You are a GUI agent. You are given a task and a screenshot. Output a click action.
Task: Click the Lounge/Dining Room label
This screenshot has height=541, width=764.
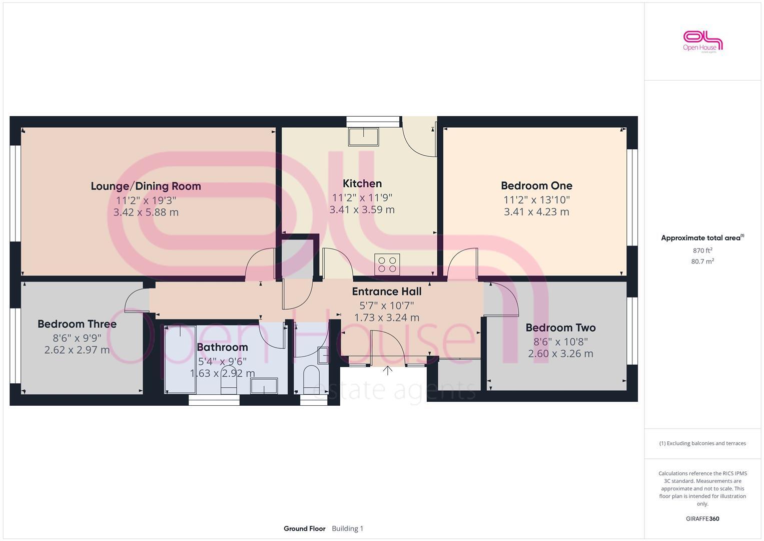[x=146, y=186]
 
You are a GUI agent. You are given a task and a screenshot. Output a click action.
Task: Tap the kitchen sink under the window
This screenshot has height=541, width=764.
[x=364, y=137]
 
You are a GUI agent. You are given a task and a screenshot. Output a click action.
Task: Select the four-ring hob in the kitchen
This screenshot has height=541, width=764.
[x=387, y=264]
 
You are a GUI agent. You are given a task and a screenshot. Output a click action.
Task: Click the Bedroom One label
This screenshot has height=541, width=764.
[x=536, y=186]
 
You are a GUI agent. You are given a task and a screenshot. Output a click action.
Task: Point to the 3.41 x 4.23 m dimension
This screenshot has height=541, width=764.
[x=536, y=212]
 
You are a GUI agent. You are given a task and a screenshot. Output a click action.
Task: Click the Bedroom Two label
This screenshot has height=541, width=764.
[x=560, y=328]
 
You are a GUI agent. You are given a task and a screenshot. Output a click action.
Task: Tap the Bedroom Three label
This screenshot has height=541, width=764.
[x=77, y=324]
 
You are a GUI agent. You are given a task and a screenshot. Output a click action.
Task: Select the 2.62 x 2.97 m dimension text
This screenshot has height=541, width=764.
[x=77, y=350]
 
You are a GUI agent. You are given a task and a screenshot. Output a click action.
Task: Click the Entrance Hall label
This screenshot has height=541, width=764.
[x=386, y=292]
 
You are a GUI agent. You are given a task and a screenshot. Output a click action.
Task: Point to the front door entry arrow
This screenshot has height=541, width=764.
[x=388, y=371]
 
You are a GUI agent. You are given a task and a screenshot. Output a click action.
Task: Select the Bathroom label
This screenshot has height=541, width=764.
[x=222, y=347]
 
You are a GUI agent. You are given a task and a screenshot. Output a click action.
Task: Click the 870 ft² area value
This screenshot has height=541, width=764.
[x=702, y=250]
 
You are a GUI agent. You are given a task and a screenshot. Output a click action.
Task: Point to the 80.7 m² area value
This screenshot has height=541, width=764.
[x=702, y=261]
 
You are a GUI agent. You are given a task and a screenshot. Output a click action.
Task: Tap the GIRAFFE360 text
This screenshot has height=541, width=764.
[x=702, y=519]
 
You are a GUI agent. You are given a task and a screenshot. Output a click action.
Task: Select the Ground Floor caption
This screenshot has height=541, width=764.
[x=304, y=528]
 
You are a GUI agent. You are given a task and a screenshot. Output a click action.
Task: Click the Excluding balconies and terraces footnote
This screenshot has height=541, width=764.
[x=702, y=443]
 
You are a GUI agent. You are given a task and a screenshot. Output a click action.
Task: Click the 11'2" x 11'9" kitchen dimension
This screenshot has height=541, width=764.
[x=362, y=197]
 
